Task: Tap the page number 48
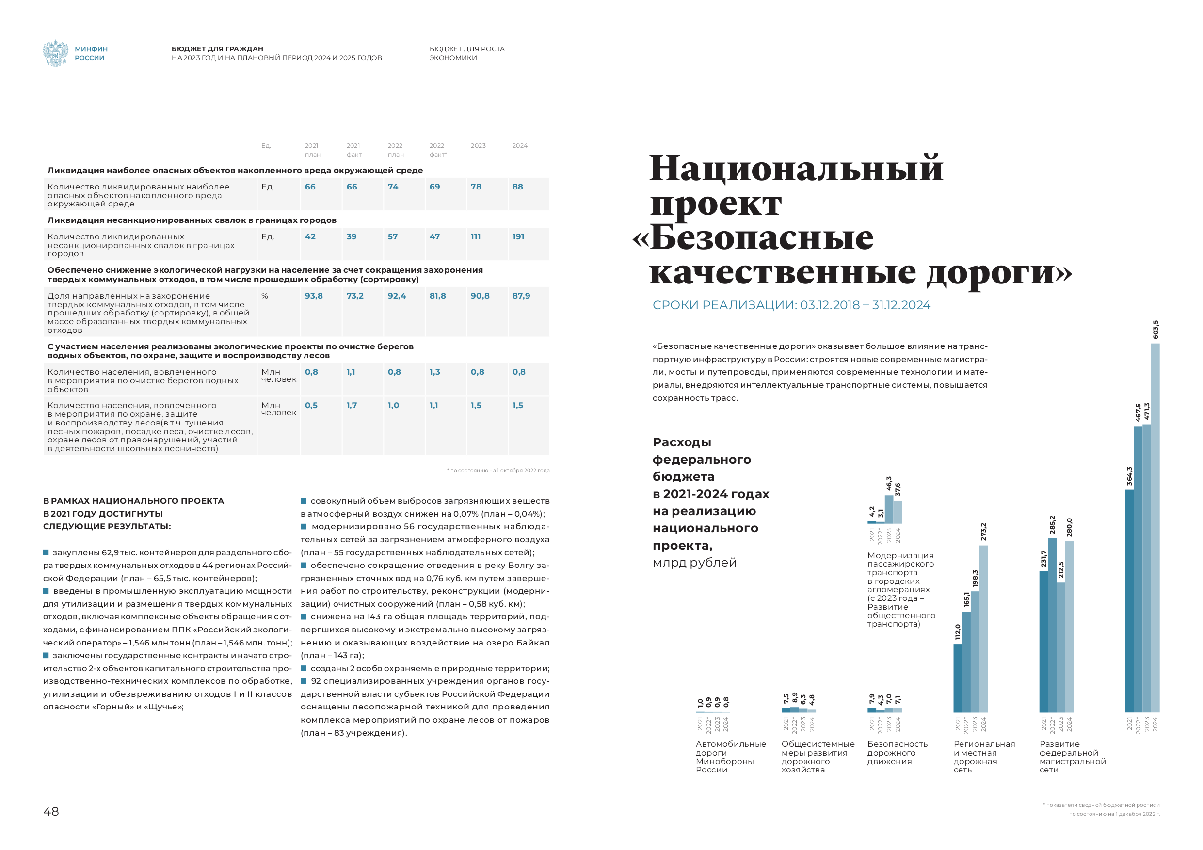pos(51,811)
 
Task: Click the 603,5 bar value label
pos(1155,330)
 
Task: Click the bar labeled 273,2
pos(983,629)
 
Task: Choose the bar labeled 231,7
pos(1044,641)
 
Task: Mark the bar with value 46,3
pos(889,509)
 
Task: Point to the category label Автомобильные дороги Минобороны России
pos(730,757)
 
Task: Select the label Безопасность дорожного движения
pos(897,753)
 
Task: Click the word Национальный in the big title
pos(796,169)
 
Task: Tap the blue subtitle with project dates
pos(791,305)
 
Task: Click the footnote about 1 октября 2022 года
pos(498,470)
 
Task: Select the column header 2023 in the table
pos(478,145)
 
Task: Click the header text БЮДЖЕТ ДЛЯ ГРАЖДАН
pos(217,49)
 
